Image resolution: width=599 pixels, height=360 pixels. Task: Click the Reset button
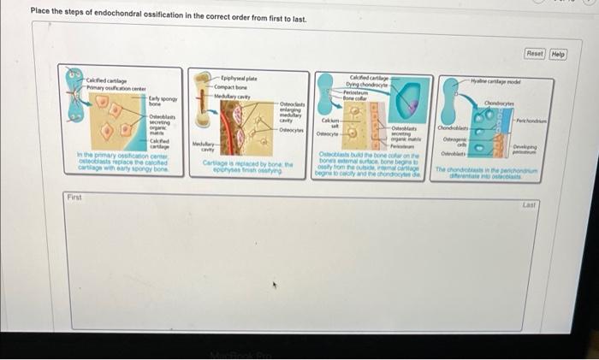(535, 54)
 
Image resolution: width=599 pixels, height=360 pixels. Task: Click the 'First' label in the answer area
(74, 198)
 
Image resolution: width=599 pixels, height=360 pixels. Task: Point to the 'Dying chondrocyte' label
(366, 85)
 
